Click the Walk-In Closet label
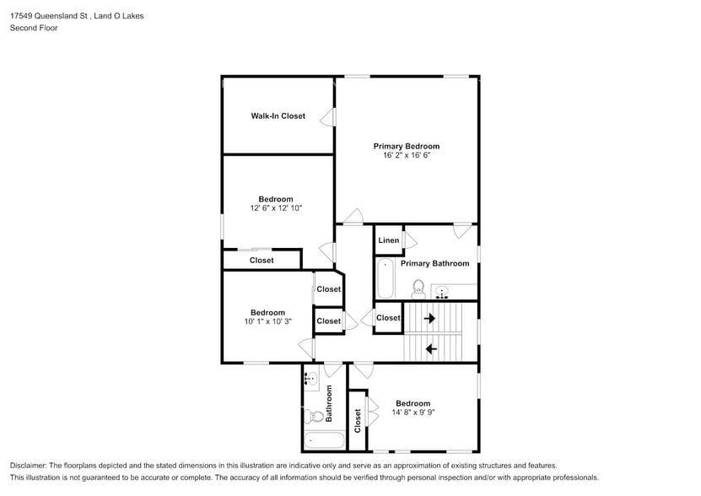tap(278, 116)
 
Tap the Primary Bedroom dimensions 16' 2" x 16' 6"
tap(407, 155)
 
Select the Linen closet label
tap(389, 240)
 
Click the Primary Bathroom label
tap(435, 263)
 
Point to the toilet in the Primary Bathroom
tap(418, 289)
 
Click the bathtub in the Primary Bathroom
tap(385, 278)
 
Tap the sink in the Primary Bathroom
tap(442, 293)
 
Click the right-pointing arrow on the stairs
tap(429, 319)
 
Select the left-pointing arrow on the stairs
tap(431, 348)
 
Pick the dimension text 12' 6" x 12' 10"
tap(276, 208)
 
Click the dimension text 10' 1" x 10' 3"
tap(267, 321)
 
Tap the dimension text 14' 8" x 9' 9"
tap(413, 412)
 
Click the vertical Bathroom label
tap(329, 403)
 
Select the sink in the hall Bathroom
tap(311, 379)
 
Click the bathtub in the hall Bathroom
tap(324, 440)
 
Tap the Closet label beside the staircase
tap(388, 317)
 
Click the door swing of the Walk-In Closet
tap(327, 117)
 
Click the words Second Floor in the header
tap(34, 28)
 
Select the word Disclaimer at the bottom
tap(28, 466)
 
